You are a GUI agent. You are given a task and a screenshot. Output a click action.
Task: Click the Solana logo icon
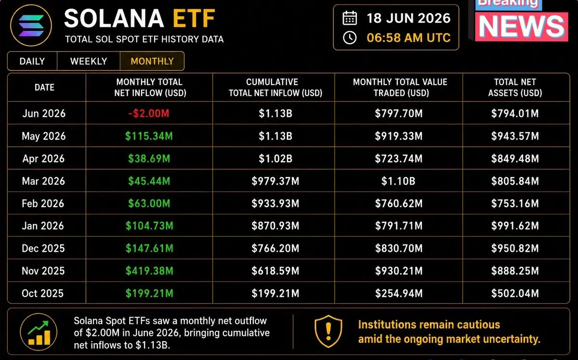point(31,26)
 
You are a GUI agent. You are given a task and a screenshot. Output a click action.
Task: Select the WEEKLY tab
point(89,61)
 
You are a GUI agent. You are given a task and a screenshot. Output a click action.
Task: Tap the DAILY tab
point(32,61)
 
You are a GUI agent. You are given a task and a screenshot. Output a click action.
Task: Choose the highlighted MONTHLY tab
point(152,61)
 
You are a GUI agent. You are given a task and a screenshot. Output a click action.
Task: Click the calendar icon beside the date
point(350,18)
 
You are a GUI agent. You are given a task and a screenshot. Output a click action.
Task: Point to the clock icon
point(350,38)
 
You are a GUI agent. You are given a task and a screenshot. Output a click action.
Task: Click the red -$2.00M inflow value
point(149,114)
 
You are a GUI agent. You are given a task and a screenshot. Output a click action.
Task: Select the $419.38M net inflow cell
point(149,271)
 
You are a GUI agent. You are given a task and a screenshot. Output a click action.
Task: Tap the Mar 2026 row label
point(43,181)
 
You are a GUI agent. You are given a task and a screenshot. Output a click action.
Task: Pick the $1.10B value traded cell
point(398,181)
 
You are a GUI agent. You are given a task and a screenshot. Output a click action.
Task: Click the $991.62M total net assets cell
point(515,226)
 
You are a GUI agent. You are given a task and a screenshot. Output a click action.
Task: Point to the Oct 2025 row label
point(42,294)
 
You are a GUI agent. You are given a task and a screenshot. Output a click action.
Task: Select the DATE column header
point(44,88)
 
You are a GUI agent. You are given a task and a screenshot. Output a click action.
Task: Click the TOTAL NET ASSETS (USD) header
point(515,88)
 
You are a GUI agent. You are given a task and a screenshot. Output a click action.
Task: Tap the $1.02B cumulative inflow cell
point(276,159)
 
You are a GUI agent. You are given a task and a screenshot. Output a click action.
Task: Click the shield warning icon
point(328,332)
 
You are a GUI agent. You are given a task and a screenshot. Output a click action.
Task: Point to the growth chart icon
point(39,332)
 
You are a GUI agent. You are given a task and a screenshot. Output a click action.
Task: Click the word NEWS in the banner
point(522,26)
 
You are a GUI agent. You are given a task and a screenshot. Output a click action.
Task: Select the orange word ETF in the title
point(194,18)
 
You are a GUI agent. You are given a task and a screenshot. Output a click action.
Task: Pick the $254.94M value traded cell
point(399,294)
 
